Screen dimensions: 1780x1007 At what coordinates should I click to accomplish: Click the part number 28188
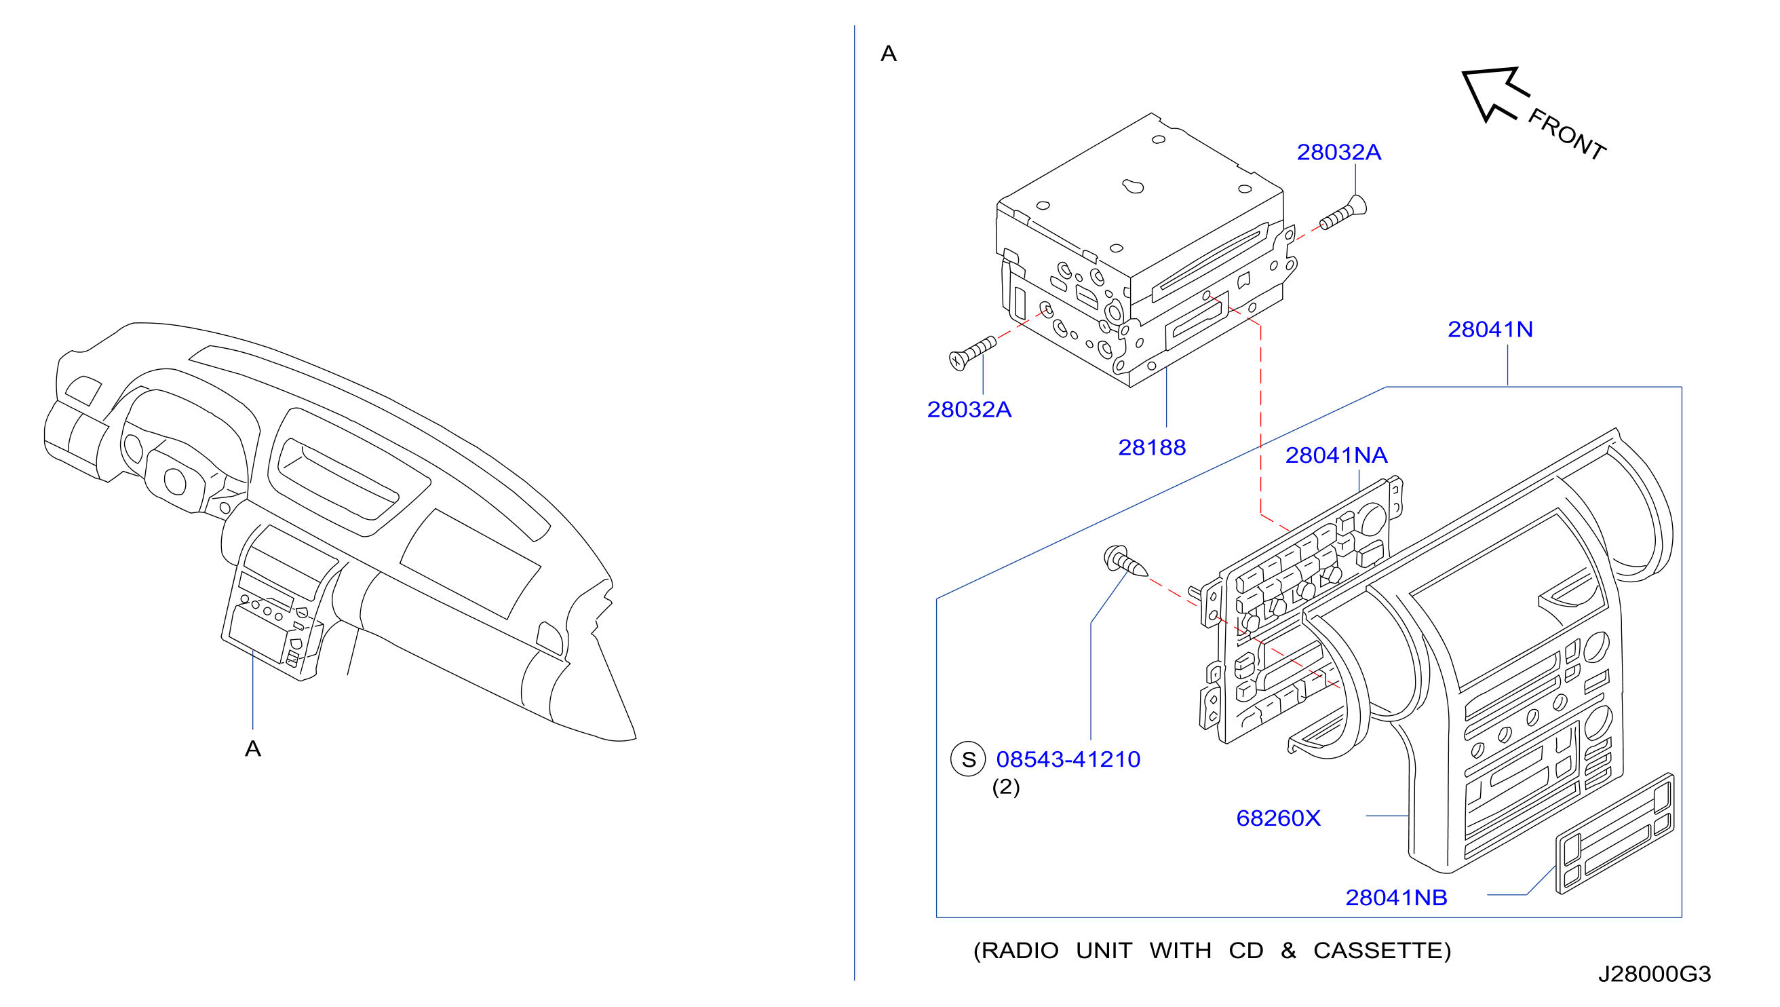pos(1152,447)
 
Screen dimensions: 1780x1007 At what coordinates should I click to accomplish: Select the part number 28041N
pos(1490,329)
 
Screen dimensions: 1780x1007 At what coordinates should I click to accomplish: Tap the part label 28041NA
pos(1336,455)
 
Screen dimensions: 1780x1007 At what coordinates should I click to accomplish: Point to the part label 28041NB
pos(1395,897)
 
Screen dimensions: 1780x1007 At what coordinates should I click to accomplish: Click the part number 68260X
pos(1278,818)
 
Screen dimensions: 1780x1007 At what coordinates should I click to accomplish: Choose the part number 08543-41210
pos(1068,759)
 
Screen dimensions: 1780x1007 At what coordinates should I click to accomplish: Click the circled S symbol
pos(969,759)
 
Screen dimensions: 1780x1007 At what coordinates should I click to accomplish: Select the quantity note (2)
pos(1006,787)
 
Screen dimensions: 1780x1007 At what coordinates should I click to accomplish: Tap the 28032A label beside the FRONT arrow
pos(1338,152)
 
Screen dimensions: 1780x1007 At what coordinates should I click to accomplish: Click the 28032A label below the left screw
pos(969,409)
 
